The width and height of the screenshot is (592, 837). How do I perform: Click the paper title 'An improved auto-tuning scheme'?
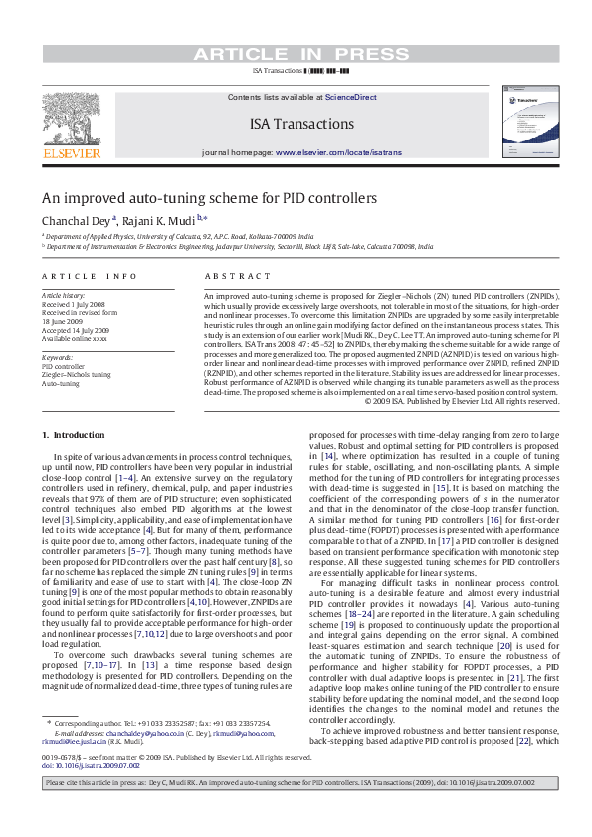click(209, 197)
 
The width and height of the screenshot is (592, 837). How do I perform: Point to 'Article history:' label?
click(63, 296)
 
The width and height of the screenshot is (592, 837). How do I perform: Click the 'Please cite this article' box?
click(296, 811)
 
